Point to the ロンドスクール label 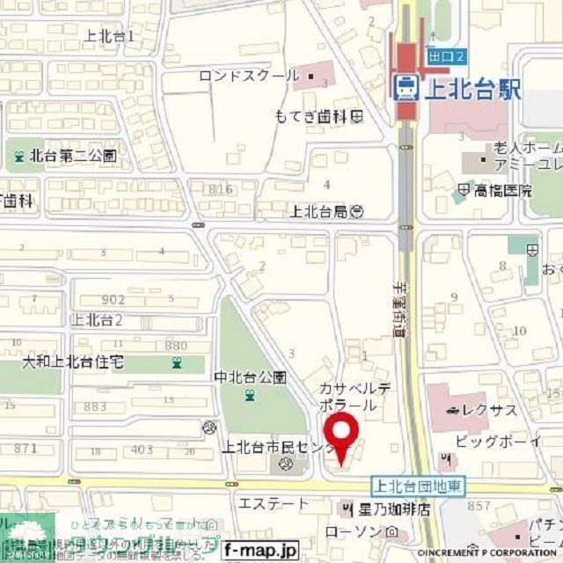[x=250, y=76]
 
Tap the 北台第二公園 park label [x=73, y=157]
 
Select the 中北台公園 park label [x=251, y=377]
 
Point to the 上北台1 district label [x=110, y=36]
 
